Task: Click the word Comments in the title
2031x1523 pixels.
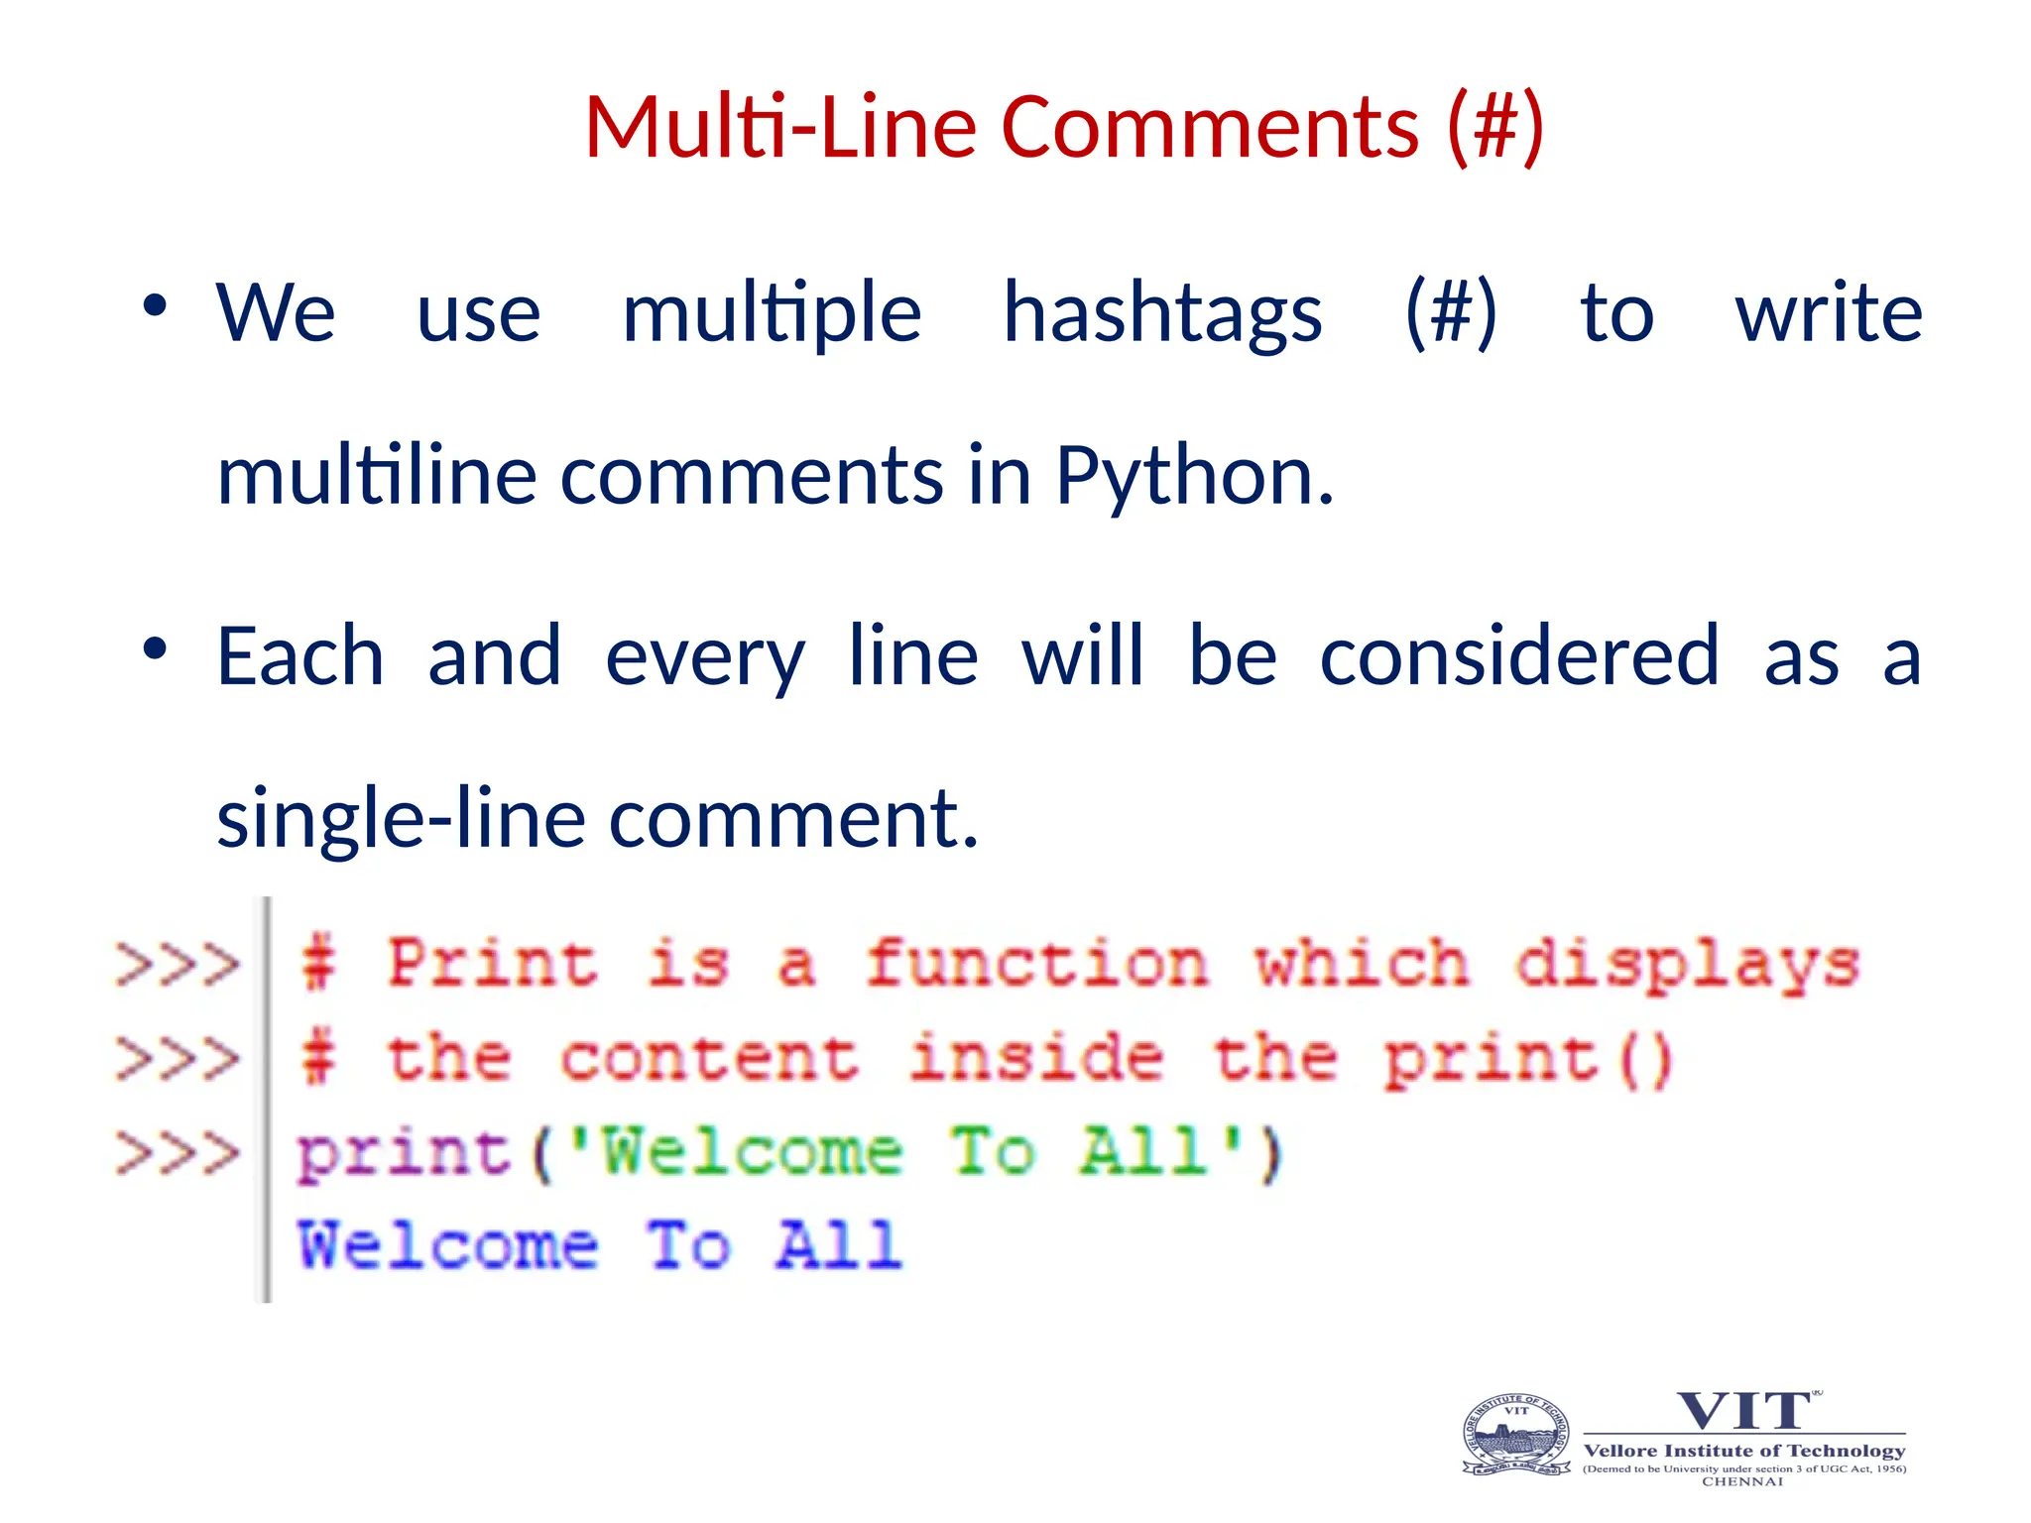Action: point(1210,127)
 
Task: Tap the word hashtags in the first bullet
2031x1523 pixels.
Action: point(1162,313)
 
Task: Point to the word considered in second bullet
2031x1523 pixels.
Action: point(1519,656)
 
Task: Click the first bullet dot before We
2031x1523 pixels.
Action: point(155,305)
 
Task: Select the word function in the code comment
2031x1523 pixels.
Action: point(1036,964)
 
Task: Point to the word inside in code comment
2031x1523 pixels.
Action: point(1036,1057)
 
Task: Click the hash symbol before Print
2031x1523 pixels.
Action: point(318,964)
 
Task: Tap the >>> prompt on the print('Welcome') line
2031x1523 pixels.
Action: point(178,1153)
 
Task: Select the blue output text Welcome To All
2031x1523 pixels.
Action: point(599,1245)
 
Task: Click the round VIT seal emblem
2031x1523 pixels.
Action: point(1516,1436)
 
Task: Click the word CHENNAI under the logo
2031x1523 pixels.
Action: point(1742,1482)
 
